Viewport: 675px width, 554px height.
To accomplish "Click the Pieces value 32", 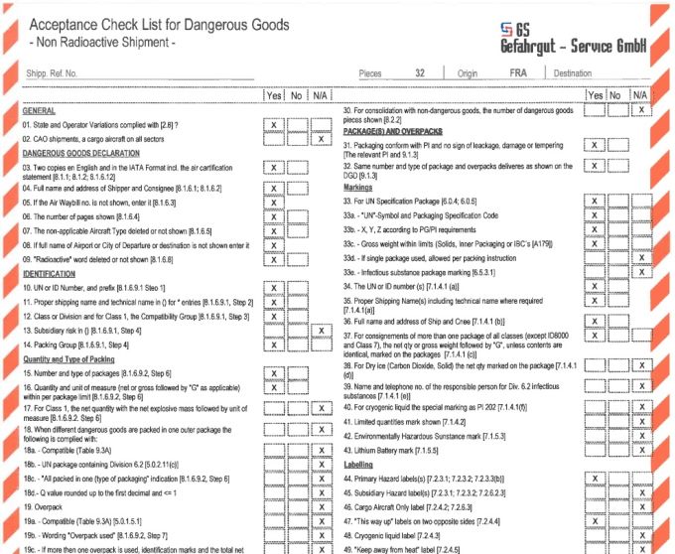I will coord(421,73).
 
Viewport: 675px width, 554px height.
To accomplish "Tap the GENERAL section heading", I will coord(40,111).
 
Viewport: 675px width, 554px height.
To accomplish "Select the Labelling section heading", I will coord(359,463).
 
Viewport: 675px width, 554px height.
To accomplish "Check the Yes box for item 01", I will coord(273,126).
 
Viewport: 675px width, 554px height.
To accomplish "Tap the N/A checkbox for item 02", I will coord(320,140).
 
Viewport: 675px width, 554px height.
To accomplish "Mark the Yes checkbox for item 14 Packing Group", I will coord(273,345).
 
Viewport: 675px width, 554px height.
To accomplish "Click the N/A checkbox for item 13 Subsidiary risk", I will coord(320,330).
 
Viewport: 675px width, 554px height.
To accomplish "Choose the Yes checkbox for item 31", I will coord(594,146).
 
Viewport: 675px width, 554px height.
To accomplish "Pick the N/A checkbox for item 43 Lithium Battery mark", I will coord(642,451).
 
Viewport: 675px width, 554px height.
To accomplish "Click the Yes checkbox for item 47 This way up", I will coord(594,520).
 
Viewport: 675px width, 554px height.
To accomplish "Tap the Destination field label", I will coord(573,73).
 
